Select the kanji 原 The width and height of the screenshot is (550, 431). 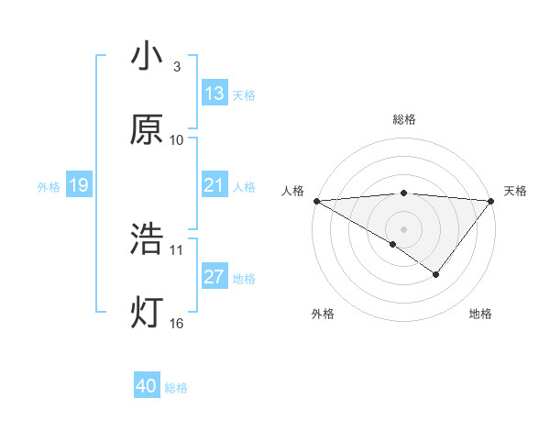point(147,129)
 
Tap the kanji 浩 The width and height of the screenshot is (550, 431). point(147,239)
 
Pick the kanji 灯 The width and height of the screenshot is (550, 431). point(147,313)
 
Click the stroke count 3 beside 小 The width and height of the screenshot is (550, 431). point(176,67)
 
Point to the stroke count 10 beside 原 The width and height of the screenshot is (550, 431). point(177,140)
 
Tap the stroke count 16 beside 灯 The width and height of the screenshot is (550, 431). point(177,323)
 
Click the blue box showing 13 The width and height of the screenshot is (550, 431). point(214,94)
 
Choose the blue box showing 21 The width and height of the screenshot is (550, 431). point(214,185)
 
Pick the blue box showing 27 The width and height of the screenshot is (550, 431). point(214,277)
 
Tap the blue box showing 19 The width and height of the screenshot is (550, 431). point(79,185)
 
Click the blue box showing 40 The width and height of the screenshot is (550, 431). point(147,386)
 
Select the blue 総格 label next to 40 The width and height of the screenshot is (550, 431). point(176,388)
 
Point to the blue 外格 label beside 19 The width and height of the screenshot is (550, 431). point(49,187)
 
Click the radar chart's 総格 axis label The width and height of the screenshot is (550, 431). point(403,119)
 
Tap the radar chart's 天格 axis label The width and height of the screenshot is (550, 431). point(516,191)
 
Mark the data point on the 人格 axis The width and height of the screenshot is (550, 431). point(315,200)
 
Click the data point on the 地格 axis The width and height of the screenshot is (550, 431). point(436,274)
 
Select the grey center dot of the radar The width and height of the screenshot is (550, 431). point(403,228)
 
